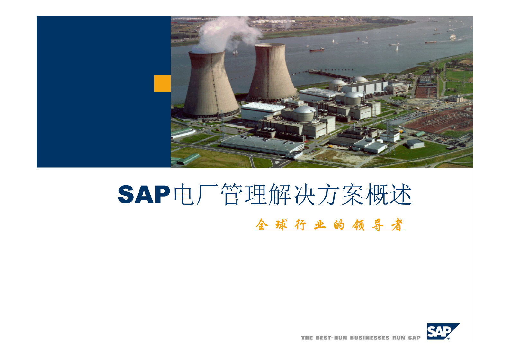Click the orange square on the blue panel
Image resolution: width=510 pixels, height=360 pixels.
coord(162,83)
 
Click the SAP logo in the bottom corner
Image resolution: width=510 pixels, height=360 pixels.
coord(443,331)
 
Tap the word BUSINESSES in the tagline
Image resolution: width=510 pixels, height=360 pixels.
coord(370,338)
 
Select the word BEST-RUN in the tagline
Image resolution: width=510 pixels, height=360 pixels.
coord(331,338)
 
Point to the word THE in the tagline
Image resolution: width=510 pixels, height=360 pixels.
coord(307,338)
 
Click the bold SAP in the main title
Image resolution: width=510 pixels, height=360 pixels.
coord(144,194)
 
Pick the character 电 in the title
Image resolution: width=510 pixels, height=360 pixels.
coord(184,194)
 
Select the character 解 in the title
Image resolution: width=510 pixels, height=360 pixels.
coord(280,194)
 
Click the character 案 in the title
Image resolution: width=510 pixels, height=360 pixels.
coord(353,194)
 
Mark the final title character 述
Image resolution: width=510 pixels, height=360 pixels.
coord(401,194)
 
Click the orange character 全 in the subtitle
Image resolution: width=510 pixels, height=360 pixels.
coord(262,224)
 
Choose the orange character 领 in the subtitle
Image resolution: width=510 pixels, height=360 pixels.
coord(358,225)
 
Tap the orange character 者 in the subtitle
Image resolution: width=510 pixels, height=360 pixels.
coord(397,225)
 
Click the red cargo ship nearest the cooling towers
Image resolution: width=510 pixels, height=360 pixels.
coord(317,50)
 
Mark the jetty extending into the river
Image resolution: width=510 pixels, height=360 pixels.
coord(328,75)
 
